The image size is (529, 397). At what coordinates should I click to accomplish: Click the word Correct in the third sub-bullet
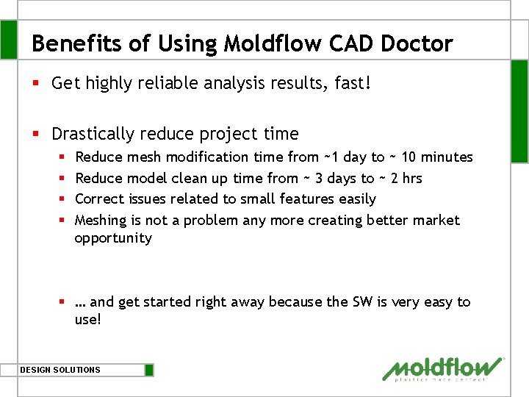(100, 198)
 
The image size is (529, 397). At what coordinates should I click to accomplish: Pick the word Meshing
(101, 220)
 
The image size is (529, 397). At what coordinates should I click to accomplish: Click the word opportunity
(112, 237)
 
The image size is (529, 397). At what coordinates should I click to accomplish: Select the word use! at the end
(87, 320)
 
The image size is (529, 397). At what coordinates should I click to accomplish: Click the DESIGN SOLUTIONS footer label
(60, 370)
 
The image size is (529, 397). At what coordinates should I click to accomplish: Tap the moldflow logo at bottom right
(443, 369)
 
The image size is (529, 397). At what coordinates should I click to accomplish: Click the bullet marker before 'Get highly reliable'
(36, 83)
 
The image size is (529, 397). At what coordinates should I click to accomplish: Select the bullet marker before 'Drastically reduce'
(36, 134)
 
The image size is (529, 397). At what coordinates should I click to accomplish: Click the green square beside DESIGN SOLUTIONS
(149, 370)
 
